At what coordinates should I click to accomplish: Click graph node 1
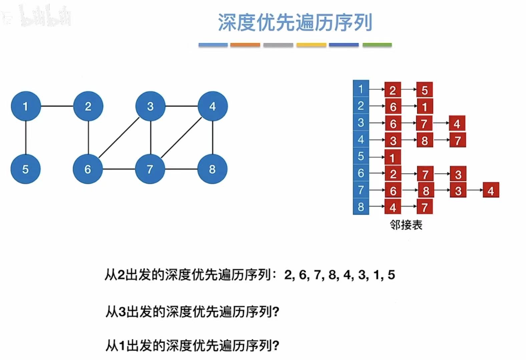click(x=26, y=106)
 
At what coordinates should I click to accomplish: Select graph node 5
click(x=26, y=169)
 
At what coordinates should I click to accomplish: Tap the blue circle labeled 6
click(x=88, y=169)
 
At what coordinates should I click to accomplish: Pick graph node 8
click(x=212, y=169)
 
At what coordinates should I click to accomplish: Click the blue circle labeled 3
click(x=150, y=106)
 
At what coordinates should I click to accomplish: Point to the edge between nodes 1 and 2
click(x=57, y=106)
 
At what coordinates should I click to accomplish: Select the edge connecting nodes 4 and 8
click(x=213, y=138)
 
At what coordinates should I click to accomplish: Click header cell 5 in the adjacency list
click(x=361, y=156)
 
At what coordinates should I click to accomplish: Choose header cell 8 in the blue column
click(x=361, y=207)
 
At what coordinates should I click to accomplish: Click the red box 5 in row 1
click(x=425, y=90)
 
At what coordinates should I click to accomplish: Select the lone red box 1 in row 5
click(x=393, y=157)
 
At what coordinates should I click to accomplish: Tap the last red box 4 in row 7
click(x=491, y=191)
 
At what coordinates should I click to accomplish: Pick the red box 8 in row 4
click(x=425, y=140)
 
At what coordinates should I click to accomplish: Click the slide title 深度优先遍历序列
click(x=295, y=23)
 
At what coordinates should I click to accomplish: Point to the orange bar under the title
click(x=245, y=45)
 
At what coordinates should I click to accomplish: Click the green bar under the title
click(x=377, y=45)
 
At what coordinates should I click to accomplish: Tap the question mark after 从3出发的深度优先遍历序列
click(x=276, y=312)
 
